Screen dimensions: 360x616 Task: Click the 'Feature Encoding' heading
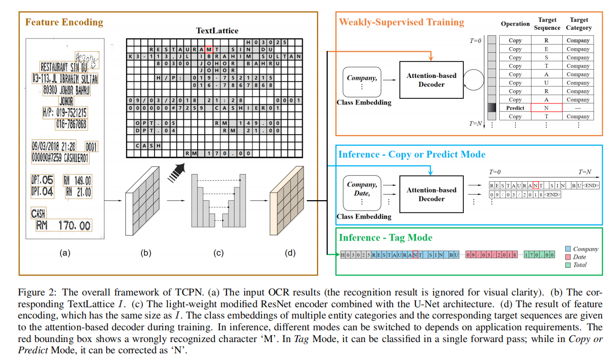[x=64, y=22]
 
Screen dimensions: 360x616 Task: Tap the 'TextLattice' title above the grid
[x=217, y=31]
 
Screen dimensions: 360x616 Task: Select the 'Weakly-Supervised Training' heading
[x=401, y=22]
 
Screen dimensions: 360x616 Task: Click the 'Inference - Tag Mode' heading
[x=386, y=237]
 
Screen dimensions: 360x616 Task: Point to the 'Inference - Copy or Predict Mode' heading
[x=412, y=154]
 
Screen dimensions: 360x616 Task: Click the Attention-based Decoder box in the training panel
[x=432, y=80]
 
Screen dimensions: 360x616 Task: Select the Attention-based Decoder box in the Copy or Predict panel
[x=432, y=194]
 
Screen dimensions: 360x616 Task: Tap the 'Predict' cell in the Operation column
[x=515, y=108]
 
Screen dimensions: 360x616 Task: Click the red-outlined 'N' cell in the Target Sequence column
[x=547, y=108]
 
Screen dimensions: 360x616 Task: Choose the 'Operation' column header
[x=515, y=24]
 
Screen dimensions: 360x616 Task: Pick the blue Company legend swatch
[x=567, y=249]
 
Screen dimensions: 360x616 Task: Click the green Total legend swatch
[x=567, y=265]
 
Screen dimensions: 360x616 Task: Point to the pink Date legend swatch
[x=567, y=257]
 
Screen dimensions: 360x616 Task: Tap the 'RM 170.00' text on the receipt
[x=64, y=225]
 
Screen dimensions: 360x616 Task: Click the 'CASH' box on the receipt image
[x=39, y=213]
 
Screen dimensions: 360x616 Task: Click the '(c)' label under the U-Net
[x=218, y=252]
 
